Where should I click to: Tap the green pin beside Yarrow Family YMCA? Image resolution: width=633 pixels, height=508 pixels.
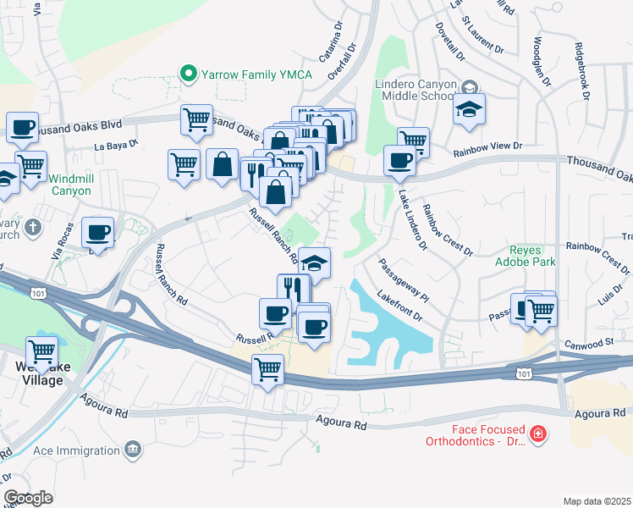189,75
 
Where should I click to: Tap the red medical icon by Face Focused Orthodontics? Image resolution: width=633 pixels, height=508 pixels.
536,435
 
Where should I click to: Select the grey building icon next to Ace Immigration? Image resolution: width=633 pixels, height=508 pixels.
132,448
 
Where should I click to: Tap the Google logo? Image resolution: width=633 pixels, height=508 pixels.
28,498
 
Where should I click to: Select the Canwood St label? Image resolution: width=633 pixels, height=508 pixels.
591,343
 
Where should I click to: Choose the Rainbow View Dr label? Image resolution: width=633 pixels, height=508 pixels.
487,146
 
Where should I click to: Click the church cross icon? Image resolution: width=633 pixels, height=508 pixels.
33,227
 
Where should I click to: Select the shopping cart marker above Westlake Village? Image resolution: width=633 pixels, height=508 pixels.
41,351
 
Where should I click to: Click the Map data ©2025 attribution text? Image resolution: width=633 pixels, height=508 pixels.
597,501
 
